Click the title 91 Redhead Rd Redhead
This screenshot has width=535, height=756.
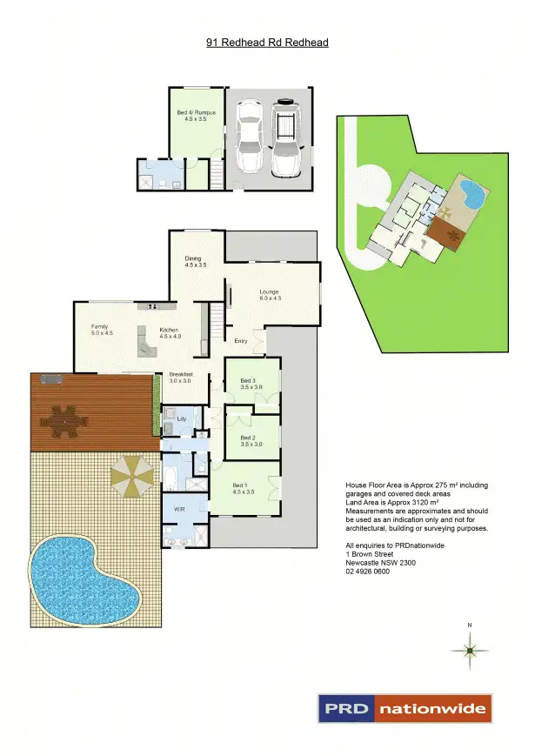tap(267, 42)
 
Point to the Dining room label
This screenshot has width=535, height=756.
tap(195, 261)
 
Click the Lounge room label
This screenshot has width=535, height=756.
tap(270, 295)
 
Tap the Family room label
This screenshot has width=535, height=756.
tap(102, 329)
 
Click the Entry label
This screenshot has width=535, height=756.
tap(241, 341)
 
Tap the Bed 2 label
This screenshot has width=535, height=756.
tap(249, 440)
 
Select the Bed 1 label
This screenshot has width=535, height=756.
tap(244, 488)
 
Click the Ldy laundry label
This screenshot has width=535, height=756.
tap(181, 419)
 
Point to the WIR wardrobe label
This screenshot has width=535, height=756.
tap(179, 510)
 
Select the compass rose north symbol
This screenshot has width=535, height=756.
tap(470, 649)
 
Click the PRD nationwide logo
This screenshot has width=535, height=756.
tap(405, 709)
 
